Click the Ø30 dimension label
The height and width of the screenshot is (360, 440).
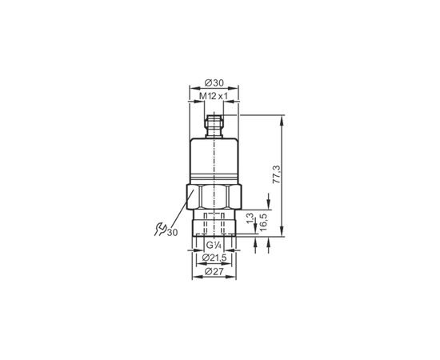[214, 83]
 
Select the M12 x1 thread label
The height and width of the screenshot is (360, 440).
[214, 96]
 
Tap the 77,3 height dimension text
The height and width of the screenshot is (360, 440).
[277, 174]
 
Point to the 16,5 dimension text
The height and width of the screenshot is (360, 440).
[263, 222]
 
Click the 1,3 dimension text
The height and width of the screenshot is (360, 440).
[250, 218]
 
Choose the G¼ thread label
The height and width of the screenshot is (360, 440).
[214, 246]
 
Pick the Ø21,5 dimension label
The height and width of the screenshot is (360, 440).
[214, 258]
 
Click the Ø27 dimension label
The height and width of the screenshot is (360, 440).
[214, 271]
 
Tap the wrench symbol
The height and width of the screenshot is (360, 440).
[160, 230]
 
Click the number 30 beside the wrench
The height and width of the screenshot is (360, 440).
[173, 232]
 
